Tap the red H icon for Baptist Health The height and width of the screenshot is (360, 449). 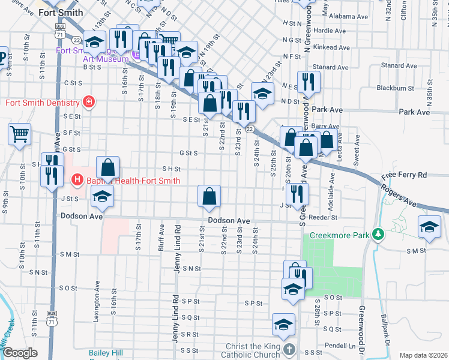click(x=77, y=179)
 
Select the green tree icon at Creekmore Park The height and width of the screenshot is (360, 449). click(x=377, y=233)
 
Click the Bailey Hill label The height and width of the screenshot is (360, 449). click(x=106, y=353)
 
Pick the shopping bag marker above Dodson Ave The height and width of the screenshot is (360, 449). click(x=208, y=196)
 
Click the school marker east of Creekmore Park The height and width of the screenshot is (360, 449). click(x=429, y=227)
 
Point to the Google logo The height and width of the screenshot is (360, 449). click(x=19, y=353)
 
